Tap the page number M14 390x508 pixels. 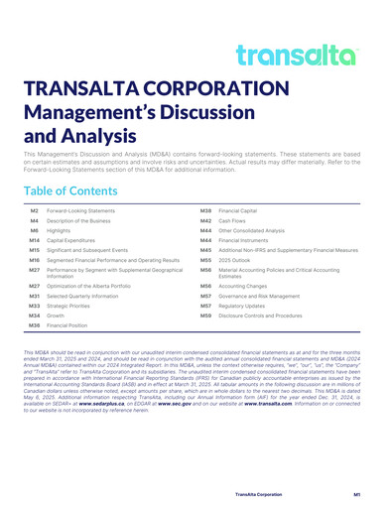point(34,240)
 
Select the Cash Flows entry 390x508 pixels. point(233,220)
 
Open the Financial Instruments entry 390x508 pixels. point(245,240)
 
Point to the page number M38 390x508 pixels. point(205,211)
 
